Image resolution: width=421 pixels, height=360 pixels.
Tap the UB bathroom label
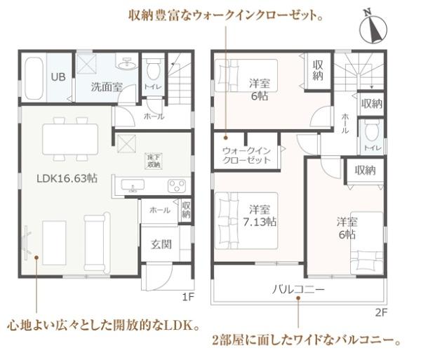pos(59,76)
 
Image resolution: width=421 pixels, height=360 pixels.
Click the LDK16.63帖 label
pos(67,178)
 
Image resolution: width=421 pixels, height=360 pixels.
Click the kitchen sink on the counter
pos(133,186)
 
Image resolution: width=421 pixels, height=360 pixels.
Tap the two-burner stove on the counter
pos(175,186)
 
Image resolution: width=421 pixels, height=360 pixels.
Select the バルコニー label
pos(298,289)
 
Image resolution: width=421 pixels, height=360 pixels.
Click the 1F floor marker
pos(187,297)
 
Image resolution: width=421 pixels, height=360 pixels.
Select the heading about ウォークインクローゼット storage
pos(226,14)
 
